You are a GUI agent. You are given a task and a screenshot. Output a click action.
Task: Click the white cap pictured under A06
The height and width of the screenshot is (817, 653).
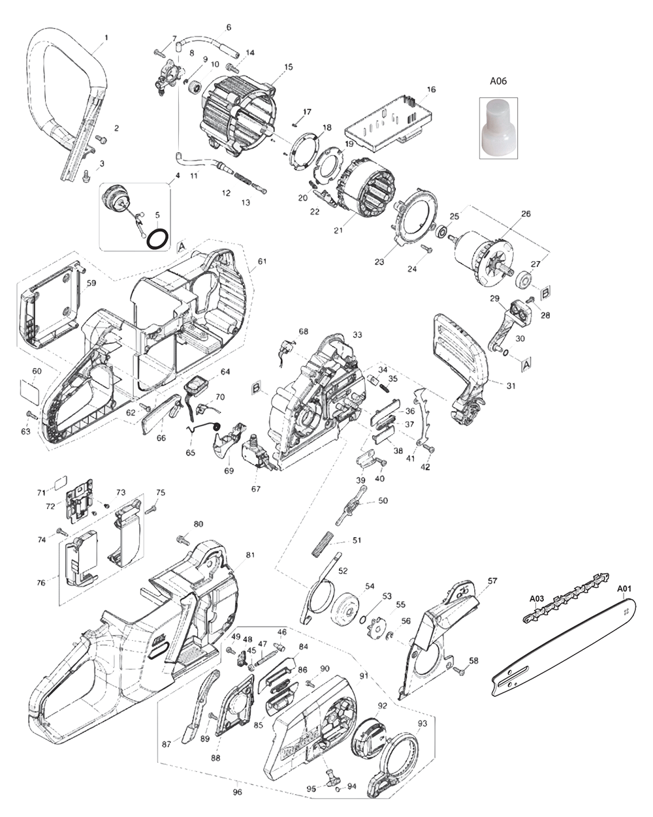[498, 128]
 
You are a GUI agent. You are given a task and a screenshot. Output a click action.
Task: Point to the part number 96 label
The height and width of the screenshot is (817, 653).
[238, 792]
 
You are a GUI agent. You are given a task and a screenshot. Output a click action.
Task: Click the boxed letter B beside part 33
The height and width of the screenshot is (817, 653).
[257, 390]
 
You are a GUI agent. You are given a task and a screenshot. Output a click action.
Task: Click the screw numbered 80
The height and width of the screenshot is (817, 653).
[182, 540]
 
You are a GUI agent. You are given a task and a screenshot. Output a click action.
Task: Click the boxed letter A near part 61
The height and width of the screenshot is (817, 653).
[182, 246]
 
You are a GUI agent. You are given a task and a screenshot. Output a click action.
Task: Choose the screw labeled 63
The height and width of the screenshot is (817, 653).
[28, 415]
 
